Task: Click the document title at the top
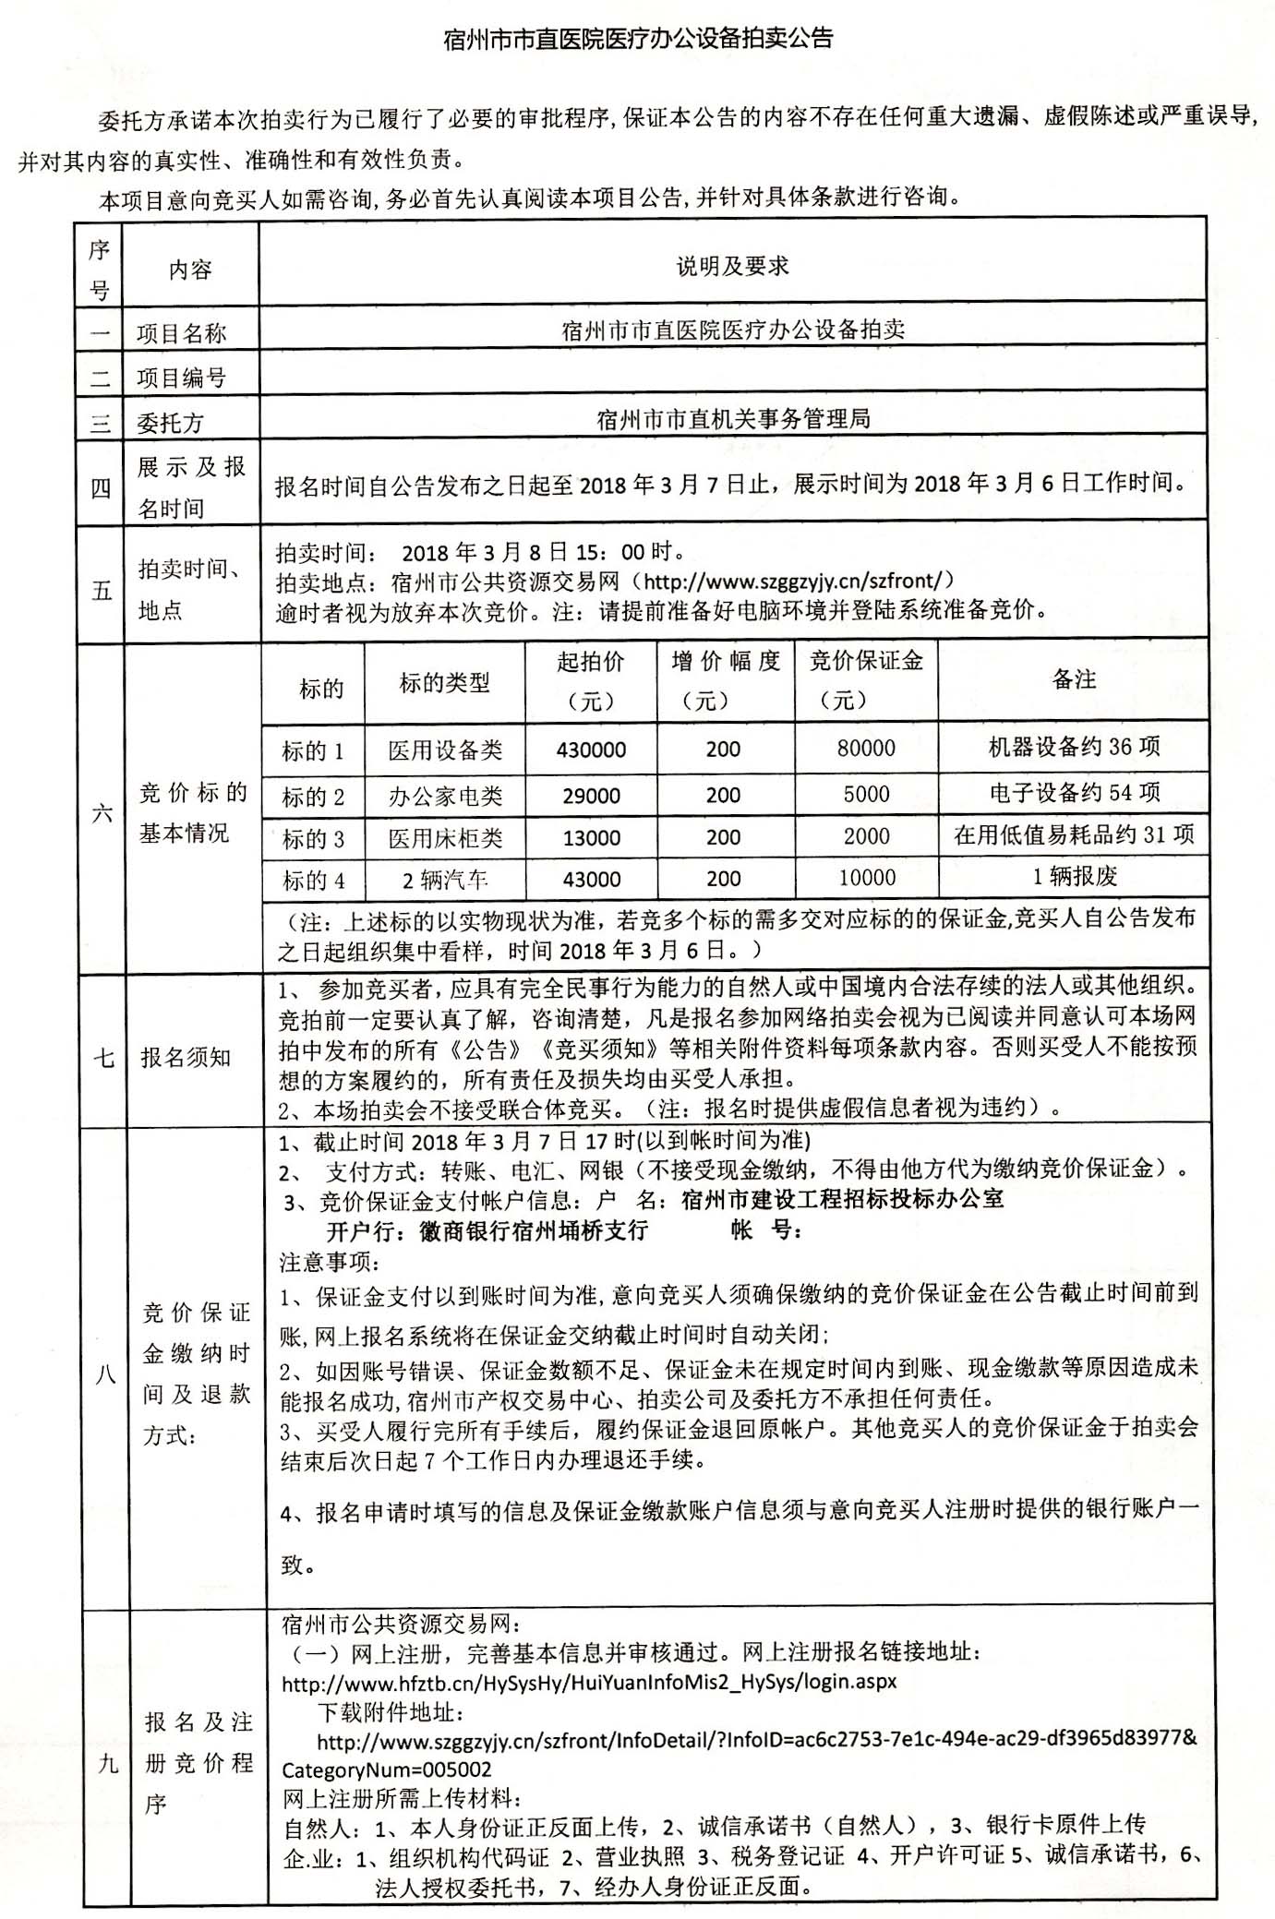pos(638,38)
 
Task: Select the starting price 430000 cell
pos(591,750)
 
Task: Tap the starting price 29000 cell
pos(591,795)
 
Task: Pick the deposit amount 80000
pos(866,748)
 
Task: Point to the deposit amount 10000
pos(867,877)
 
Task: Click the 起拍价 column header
pos(591,680)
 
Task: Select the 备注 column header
pos(1073,679)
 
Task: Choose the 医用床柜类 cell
pos(445,838)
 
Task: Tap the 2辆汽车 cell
pos(445,879)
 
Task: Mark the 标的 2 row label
pos(313,796)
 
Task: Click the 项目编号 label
pos(181,377)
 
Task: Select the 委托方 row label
pos(170,423)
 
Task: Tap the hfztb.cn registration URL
pos(588,1681)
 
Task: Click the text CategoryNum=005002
pos(387,1769)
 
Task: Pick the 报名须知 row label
pos(185,1057)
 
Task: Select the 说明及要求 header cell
pos(732,267)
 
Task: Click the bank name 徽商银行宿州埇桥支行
pos(533,1230)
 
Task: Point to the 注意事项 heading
pos(329,1261)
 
